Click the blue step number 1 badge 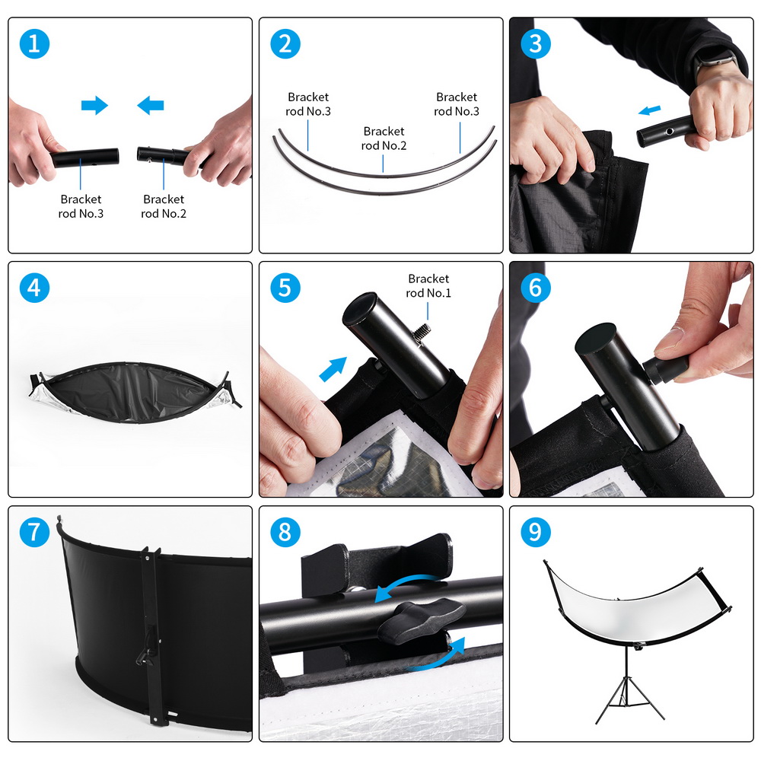[34, 43]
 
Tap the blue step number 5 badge [285, 288]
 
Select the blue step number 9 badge [535, 532]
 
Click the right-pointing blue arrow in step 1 [94, 105]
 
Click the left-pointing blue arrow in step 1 [151, 105]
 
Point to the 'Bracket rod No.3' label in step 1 [81, 206]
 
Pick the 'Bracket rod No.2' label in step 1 [164, 206]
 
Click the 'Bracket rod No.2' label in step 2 [384, 139]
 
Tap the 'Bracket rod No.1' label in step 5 [428, 286]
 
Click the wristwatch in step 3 [714, 62]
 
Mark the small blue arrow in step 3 [649, 110]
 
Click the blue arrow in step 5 [333, 369]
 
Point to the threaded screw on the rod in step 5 [422, 333]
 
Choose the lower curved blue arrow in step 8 [437, 658]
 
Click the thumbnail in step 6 [669, 339]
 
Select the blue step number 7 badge [34, 532]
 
